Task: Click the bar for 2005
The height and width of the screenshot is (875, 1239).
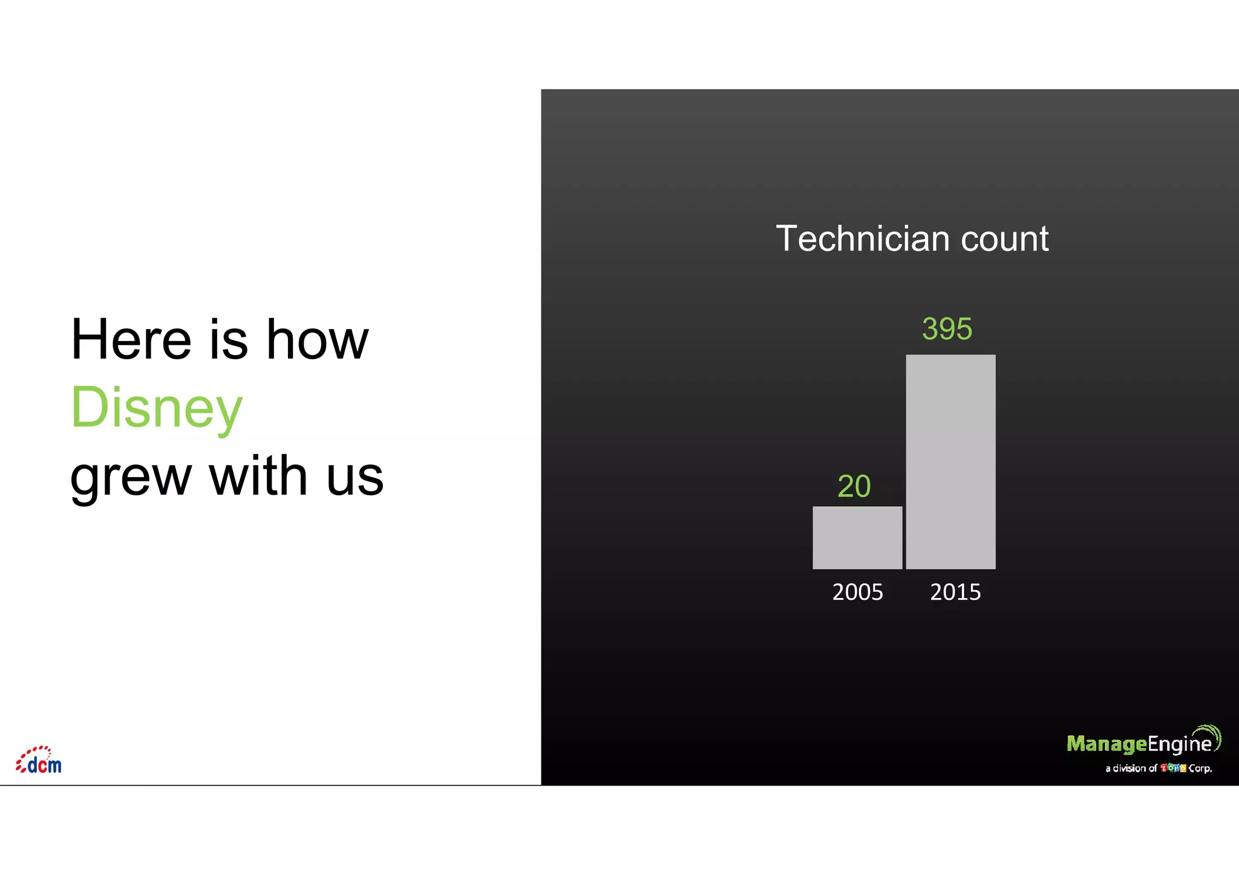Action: coord(857,538)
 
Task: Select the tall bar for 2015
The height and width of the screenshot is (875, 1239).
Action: coord(950,461)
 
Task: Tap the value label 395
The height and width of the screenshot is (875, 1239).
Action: coord(947,329)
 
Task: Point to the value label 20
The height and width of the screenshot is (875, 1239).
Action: coord(854,486)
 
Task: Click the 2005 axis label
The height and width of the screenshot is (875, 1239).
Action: coord(857,592)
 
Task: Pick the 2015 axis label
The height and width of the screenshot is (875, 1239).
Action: coord(955,592)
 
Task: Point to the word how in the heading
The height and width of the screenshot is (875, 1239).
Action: coord(317,340)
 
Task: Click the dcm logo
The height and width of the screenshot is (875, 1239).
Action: coord(39,761)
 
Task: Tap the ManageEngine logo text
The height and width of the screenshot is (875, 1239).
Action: coord(1139,743)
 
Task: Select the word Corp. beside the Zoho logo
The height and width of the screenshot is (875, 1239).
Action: coord(1200,769)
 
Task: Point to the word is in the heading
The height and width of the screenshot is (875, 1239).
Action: coord(229,340)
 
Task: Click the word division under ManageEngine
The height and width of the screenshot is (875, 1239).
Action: coord(1129,769)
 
